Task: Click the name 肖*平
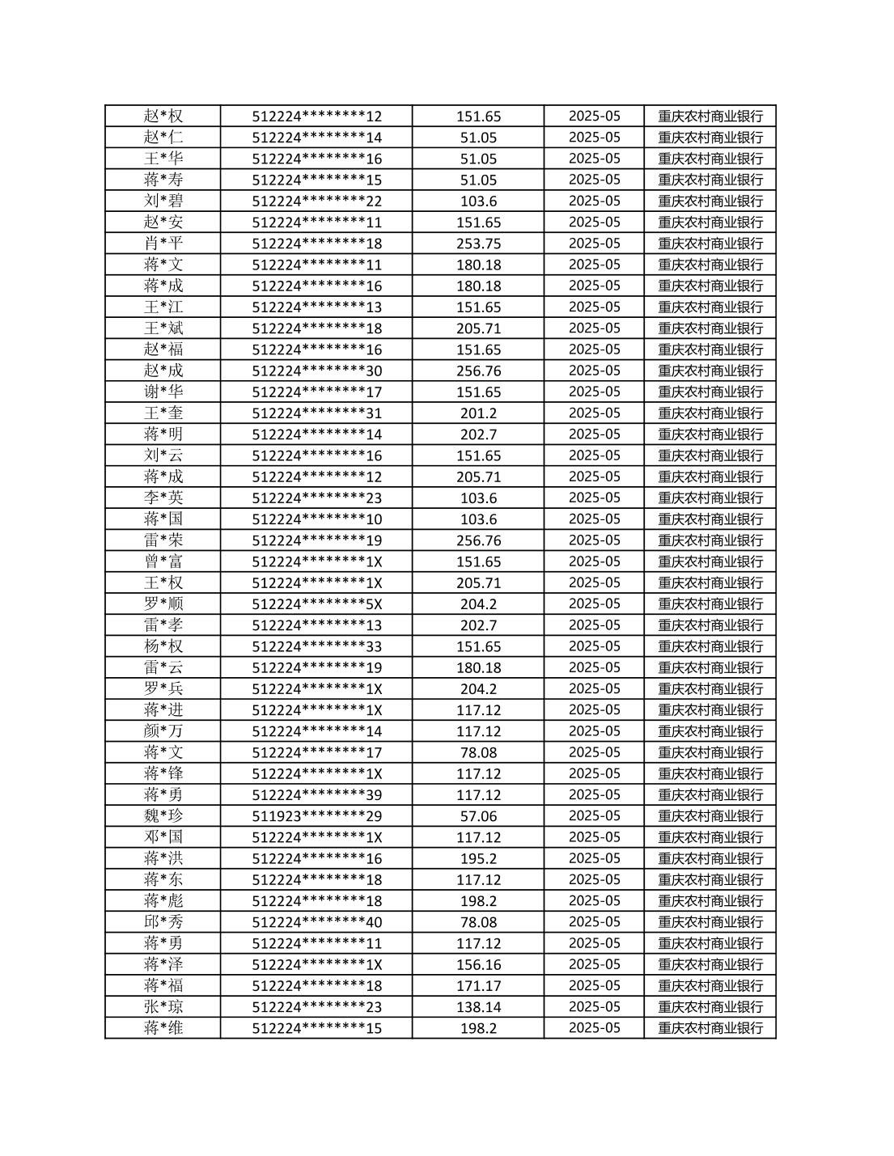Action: (163, 243)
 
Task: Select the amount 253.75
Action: (478, 243)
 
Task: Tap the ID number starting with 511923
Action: (316, 816)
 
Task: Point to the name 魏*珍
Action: (163, 816)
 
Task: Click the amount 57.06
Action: (478, 816)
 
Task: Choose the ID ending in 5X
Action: (316, 604)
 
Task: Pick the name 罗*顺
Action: (163, 604)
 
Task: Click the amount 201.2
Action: (478, 413)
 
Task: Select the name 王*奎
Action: (163, 413)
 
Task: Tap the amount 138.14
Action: (478, 1007)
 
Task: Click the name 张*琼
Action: (163, 1007)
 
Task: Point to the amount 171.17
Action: (478, 986)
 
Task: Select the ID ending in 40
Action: (316, 922)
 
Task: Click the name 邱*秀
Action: (163, 922)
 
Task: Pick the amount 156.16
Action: (478, 964)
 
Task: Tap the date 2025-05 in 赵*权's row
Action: (594, 116)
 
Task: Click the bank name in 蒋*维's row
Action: (710, 1028)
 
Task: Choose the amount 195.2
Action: (478, 858)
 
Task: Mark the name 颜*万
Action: (163, 731)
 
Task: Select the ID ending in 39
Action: (316, 795)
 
